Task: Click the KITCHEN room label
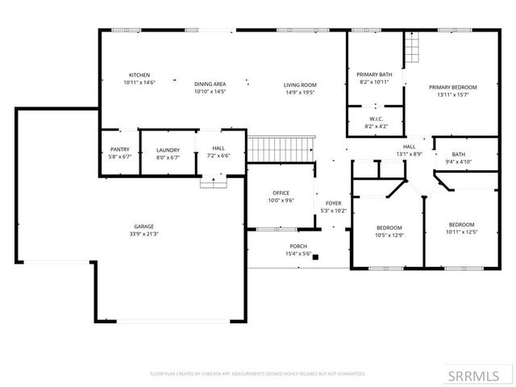pos(139,75)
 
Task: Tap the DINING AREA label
pos(210,85)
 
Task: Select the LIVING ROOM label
pos(299,85)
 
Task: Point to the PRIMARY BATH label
pos(374,74)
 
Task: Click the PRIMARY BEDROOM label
pos(452,87)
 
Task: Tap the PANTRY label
pos(119,150)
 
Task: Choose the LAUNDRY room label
pos(168,150)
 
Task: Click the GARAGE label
pos(144,227)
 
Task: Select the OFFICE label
pos(281,193)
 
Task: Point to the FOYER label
pos(334,203)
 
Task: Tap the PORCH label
pos(298,246)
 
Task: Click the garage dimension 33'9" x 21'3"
pos(144,235)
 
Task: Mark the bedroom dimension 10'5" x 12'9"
pos(389,235)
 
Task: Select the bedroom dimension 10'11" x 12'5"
pos(461,232)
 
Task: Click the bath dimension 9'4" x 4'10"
pos(459,162)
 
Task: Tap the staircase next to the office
pos(280,148)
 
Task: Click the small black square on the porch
pos(316,258)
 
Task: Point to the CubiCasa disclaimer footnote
pos(258,374)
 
